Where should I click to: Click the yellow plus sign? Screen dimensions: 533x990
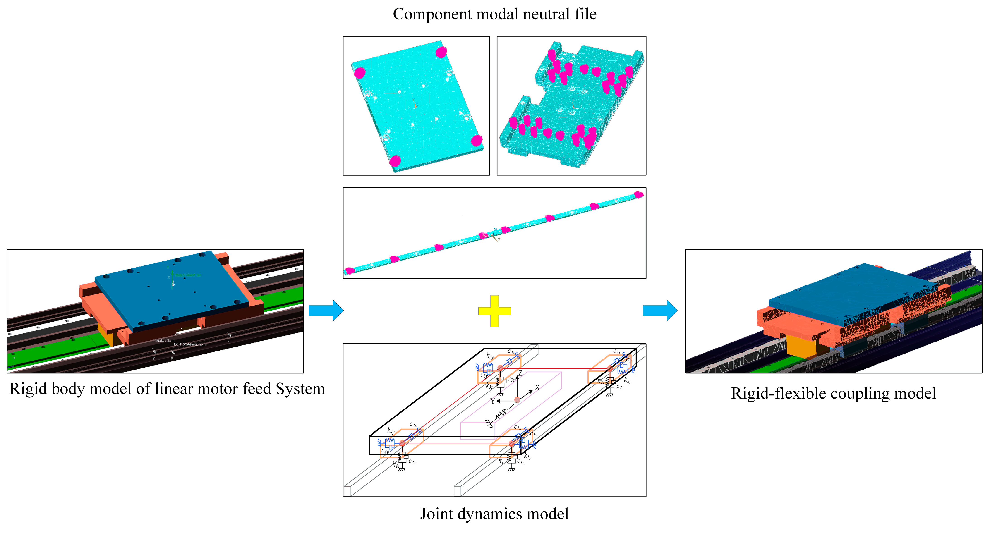tap(494, 311)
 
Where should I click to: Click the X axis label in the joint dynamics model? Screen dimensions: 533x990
tap(537, 387)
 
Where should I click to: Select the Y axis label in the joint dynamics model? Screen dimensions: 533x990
tap(492, 401)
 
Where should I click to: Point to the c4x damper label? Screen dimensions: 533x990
tap(413, 425)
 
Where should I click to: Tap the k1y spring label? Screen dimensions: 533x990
tap(528, 457)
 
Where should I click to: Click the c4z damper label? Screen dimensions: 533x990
tap(412, 461)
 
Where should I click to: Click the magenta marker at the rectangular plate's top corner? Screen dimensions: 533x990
tap(441, 52)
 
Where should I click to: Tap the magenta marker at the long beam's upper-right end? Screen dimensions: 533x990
tap(638, 195)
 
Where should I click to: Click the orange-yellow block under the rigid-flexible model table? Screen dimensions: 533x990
tap(801, 346)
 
